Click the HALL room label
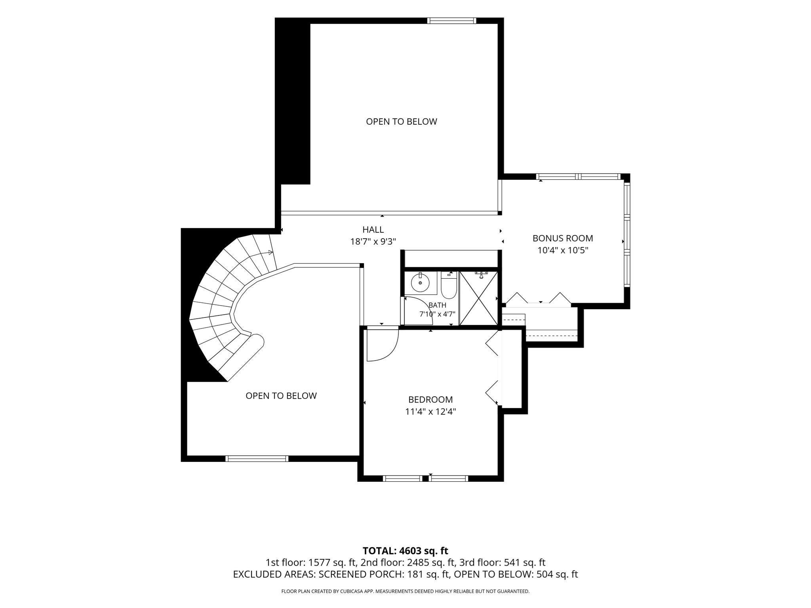point(373,230)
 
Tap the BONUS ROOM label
point(563,238)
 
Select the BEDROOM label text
point(430,400)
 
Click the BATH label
point(437,305)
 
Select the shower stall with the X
point(479,298)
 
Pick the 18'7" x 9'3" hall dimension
point(373,242)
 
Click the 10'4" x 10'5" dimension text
point(563,250)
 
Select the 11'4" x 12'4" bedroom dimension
point(430,412)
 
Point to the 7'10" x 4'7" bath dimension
point(437,314)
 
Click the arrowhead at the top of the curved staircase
point(271,252)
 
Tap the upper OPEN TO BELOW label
point(402,122)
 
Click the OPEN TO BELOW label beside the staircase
point(281,396)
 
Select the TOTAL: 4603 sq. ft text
point(405,551)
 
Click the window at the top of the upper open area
point(451,21)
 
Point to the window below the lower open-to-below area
point(257,459)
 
